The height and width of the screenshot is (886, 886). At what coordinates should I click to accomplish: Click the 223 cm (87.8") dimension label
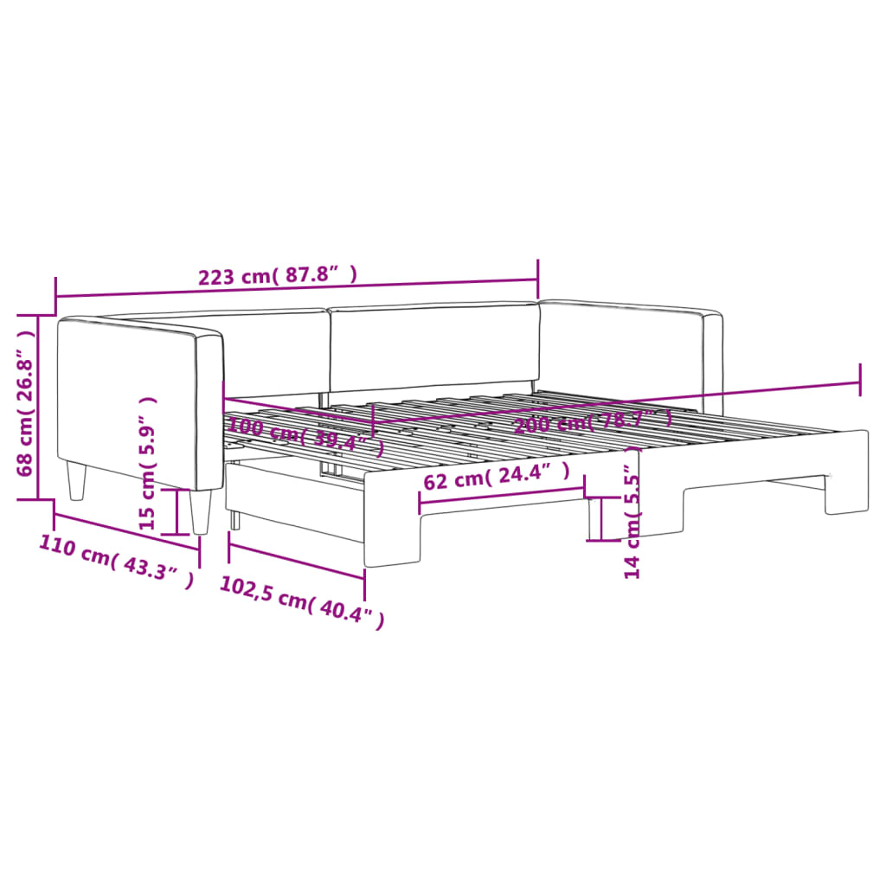click(278, 277)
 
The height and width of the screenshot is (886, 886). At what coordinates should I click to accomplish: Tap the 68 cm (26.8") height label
click(28, 406)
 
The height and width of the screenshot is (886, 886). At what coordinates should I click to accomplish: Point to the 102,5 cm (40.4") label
click(300, 600)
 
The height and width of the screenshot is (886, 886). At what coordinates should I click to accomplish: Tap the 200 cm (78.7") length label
click(593, 421)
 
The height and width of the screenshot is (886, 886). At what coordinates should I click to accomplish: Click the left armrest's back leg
click(77, 480)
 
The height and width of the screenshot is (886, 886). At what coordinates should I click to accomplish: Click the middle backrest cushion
click(433, 346)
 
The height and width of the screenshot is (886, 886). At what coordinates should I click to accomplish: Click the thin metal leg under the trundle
click(234, 519)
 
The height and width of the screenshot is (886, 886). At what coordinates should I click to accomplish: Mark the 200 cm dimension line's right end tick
click(859, 379)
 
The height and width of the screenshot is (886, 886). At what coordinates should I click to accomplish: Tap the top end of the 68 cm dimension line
click(37, 316)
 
